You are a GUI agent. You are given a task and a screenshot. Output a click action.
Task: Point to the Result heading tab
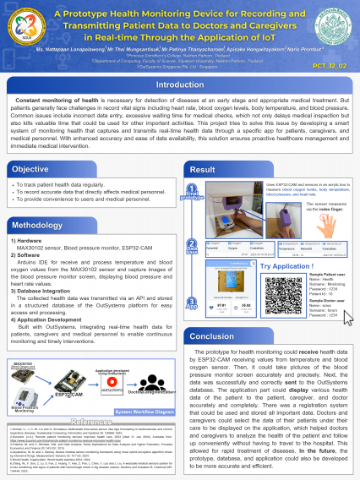pos(208,169)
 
